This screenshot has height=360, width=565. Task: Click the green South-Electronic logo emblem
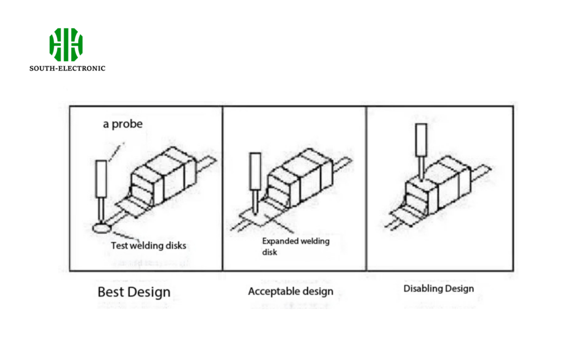(66, 44)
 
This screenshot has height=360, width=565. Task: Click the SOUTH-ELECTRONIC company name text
(67, 68)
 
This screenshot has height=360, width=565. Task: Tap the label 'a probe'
(122, 124)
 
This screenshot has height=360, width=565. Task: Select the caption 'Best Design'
(134, 292)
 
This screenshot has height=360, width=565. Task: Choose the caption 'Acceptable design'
(291, 291)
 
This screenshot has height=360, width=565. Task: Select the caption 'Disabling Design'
(439, 288)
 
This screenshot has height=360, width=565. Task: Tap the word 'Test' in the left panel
(119, 245)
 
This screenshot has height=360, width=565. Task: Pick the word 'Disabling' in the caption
(422, 288)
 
